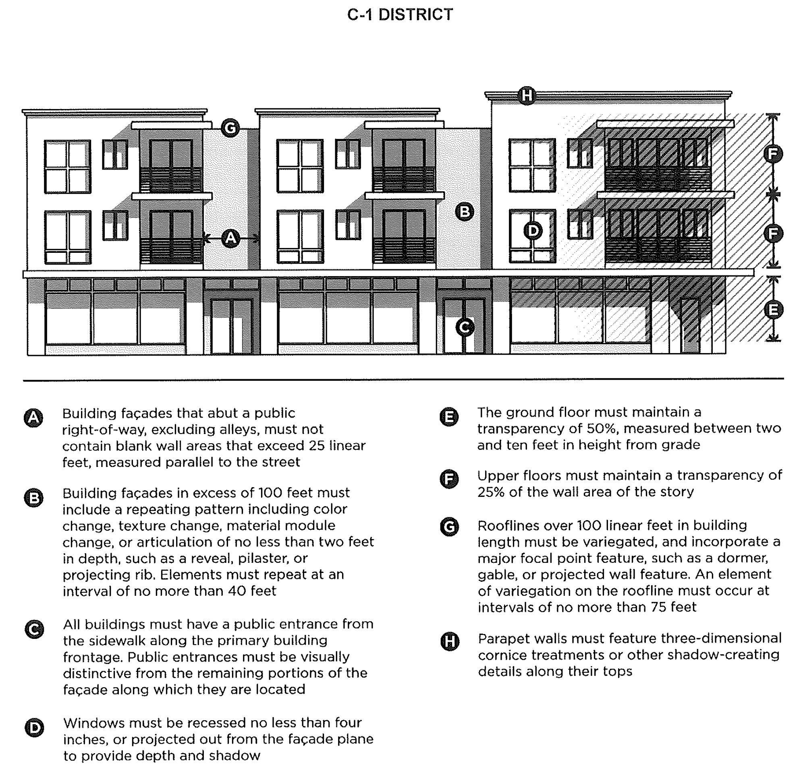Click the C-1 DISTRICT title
pyautogui.click(x=400, y=15)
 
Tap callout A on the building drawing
pyautogui.click(x=230, y=238)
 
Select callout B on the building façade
pyautogui.click(x=465, y=212)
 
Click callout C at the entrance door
pyautogui.click(x=465, y=327)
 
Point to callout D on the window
pyautogui.click(x=533, y=231)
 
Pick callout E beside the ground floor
pyautogui.click(x=773, y=310)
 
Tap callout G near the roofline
pyautogui.click(x=230, y=128)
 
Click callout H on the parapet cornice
pyautogui.click(x=527, y=95)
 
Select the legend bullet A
pyautogui.click(x=33, y=418)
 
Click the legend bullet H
pyautogui.click(x=450, y=642)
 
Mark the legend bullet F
pyautogui.click(x=449, y=479)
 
